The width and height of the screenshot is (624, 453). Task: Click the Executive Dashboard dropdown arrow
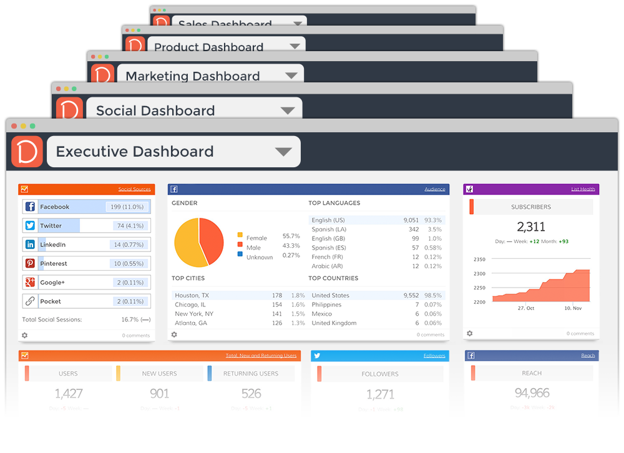[283, 152]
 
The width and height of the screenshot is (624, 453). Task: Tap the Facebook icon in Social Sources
[30, 207]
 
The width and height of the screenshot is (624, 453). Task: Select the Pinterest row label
[54, 263]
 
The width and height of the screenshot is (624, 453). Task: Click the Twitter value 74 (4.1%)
[130, 226]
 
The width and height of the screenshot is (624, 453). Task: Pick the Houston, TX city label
[192, 295]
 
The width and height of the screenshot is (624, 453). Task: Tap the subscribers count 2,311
[531, 226]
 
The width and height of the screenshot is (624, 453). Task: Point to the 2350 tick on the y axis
[479, 259]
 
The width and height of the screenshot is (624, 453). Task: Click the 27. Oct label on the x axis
[526, 308]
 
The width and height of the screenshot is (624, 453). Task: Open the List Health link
[583, 189]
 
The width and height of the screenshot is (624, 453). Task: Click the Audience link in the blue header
[434, 189]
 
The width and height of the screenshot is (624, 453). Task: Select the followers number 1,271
[380, 394]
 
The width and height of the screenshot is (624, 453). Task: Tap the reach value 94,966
[532, 393]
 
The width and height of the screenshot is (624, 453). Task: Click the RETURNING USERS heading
[251, 374]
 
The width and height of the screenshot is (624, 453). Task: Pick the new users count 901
[160, 394]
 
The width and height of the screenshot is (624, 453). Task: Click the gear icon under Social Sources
[24, 335]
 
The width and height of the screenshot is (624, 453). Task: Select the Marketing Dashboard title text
[193, 76]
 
